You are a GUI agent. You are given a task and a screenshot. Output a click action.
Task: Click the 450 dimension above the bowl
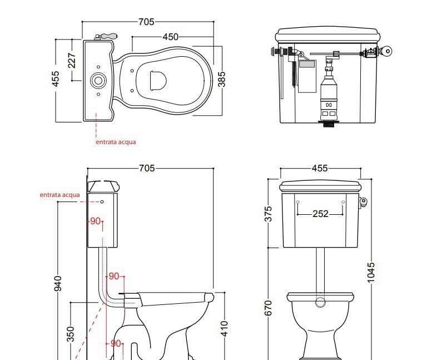click(171, 37)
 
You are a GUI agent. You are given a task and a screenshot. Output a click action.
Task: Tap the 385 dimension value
click(221, 78)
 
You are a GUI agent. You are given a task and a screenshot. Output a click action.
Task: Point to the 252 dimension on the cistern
click(320, 214)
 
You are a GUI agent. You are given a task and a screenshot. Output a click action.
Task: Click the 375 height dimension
click(269, 214)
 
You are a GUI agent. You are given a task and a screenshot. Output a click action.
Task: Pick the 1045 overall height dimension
click(371, 273)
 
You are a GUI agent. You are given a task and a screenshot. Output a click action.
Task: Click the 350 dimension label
click(71, 334)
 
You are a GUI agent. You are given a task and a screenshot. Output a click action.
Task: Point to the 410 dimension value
click(225, 328)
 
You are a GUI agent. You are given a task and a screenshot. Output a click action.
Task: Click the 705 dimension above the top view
click(146, 22)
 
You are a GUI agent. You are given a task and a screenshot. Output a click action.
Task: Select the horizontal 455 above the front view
click(320, 169)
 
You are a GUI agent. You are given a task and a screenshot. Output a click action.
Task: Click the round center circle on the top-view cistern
click(98, 80)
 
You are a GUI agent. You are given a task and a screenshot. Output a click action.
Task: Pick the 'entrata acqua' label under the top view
click(116, 142)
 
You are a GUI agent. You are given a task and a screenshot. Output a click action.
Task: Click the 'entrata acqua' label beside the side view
click(59, 195)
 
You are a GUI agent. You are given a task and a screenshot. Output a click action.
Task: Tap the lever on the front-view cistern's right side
click(364, 202)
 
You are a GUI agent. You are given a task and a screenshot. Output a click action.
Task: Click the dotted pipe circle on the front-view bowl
click(320, 302)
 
